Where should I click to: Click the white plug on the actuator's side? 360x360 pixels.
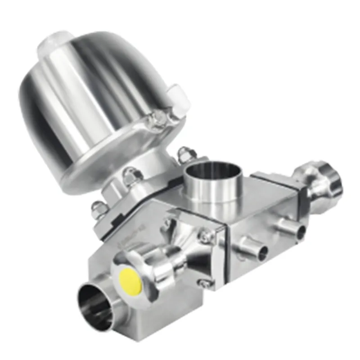(x=179, y=100)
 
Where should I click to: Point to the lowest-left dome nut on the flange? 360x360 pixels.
(x=99, y=208)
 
